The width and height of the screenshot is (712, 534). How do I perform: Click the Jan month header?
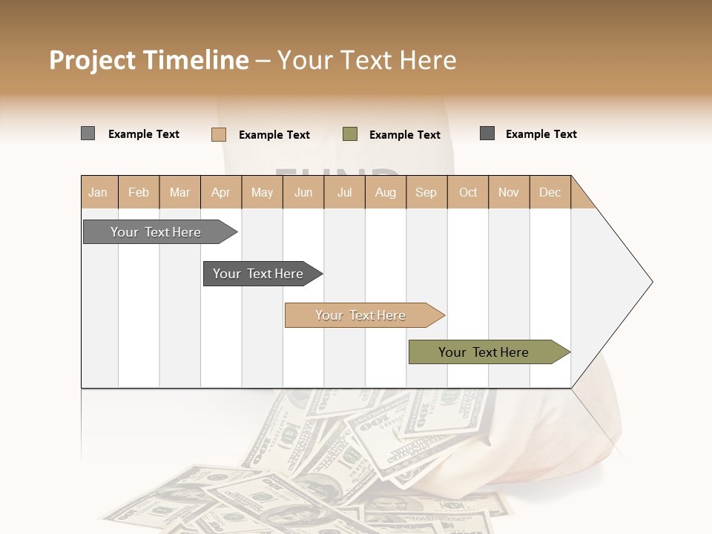coord(99,192)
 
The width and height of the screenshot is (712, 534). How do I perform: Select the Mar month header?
coord(179,192)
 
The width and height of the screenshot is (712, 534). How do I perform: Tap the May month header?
coord(262,192)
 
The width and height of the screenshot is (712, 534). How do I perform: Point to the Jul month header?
coord(344,192)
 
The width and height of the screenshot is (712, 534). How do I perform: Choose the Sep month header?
coord(426,192)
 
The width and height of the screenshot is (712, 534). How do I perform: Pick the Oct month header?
coord(468,192)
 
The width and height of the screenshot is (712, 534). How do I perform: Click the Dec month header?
coord(550,192)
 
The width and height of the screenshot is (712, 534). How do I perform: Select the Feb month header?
coord(139,192)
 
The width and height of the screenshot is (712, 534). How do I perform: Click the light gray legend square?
coord(88,133)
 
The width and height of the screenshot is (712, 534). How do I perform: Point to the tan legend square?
coord(218,134)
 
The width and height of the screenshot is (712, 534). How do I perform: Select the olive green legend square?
coord(350,134)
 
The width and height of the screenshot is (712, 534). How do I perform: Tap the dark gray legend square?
coord(487,133)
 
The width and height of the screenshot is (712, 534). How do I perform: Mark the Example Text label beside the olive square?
coord(404,134)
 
